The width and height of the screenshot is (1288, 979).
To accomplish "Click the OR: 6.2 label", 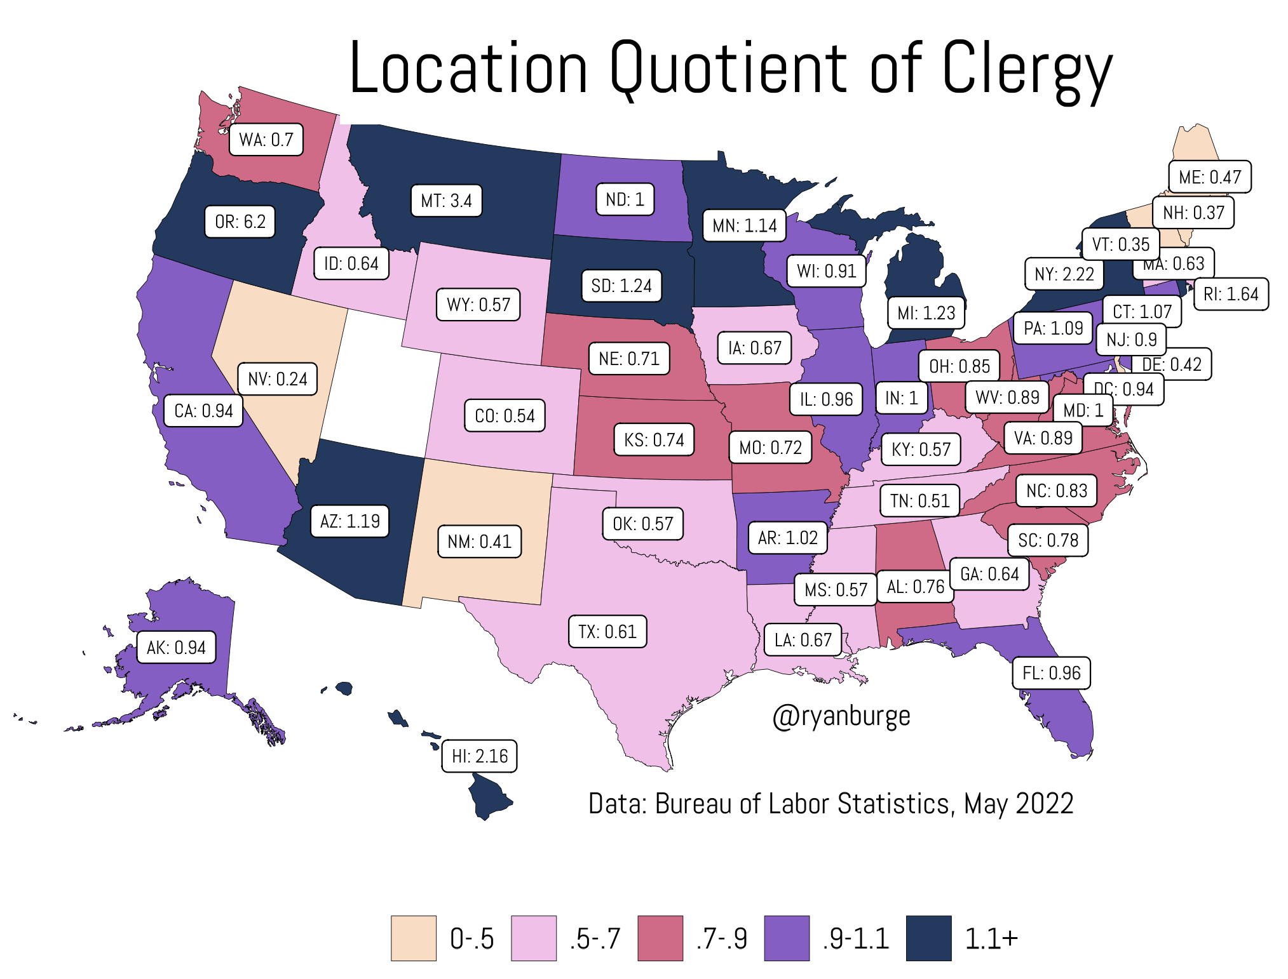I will click(240, 222).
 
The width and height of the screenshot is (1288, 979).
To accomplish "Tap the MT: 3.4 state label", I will click(446, 201).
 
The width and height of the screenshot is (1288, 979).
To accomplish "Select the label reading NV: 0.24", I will click(277, 379).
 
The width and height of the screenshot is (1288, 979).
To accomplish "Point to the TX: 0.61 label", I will click(607, 632).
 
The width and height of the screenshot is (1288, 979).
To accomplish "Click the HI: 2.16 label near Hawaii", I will click(479, 756).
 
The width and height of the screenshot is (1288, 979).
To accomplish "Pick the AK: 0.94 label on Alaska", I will click(176, 648).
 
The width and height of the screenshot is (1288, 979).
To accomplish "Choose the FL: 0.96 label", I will click(1051, 673).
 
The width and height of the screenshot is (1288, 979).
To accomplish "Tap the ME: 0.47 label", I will click(1209, 177).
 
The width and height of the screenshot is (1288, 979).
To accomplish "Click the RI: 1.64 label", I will click(1231, 294).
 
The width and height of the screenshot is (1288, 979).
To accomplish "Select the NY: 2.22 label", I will click(1064, 274).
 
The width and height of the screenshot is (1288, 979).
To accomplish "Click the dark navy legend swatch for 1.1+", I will click(928, 938).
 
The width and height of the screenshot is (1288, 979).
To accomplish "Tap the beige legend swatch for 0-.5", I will click(413, 938).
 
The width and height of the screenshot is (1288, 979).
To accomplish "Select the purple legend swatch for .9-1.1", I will click(787, 938).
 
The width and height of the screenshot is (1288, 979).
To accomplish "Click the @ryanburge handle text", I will click(841, 716).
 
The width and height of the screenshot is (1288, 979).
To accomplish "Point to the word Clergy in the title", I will click(1026, 69).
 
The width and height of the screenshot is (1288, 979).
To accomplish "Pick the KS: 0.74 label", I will click(654, 440).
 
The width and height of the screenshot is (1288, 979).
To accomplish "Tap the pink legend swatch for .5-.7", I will click(534, 938).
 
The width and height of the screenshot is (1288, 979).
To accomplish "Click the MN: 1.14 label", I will click(744, 225).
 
